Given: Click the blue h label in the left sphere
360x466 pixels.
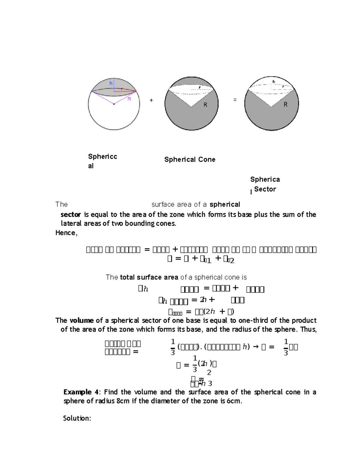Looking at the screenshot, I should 111,83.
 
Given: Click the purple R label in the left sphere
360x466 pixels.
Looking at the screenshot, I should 129,99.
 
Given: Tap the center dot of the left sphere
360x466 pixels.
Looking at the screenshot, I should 114,104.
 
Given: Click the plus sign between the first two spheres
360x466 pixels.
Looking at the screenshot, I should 151,100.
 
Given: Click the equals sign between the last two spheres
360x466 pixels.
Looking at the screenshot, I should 235,100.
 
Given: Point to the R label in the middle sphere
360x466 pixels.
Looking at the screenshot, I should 205,105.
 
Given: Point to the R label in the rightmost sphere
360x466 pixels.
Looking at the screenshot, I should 286,104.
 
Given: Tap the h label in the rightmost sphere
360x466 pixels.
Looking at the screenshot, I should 274,82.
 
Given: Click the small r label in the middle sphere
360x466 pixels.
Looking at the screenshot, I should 200,88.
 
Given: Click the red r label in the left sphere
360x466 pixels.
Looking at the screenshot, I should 122,89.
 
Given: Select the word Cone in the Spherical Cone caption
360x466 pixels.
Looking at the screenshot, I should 207,160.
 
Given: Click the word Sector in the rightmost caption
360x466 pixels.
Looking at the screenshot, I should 265,189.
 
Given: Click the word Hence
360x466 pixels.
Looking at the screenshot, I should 66,233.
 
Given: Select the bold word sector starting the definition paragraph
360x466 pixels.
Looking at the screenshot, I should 71,215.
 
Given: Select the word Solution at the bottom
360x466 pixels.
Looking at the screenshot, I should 77,418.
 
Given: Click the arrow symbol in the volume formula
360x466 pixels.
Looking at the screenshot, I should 256,347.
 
